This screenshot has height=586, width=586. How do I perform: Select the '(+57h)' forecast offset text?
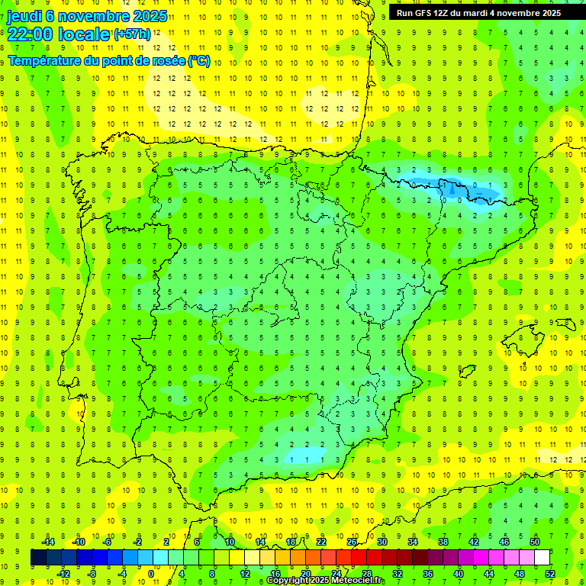[132, 34]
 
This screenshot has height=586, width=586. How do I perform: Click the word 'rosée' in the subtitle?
[169, 60]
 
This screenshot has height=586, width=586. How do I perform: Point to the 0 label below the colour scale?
[151, 574]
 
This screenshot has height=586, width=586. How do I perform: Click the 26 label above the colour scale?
[352, 542]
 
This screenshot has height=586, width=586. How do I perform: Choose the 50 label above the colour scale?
[535, 542]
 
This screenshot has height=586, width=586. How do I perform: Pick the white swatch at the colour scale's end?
[542, 558]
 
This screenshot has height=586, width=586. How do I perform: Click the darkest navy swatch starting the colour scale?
[38, 558]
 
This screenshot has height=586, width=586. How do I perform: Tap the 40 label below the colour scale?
[458, 574]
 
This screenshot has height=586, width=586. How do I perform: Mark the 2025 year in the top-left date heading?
[150, 16]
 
